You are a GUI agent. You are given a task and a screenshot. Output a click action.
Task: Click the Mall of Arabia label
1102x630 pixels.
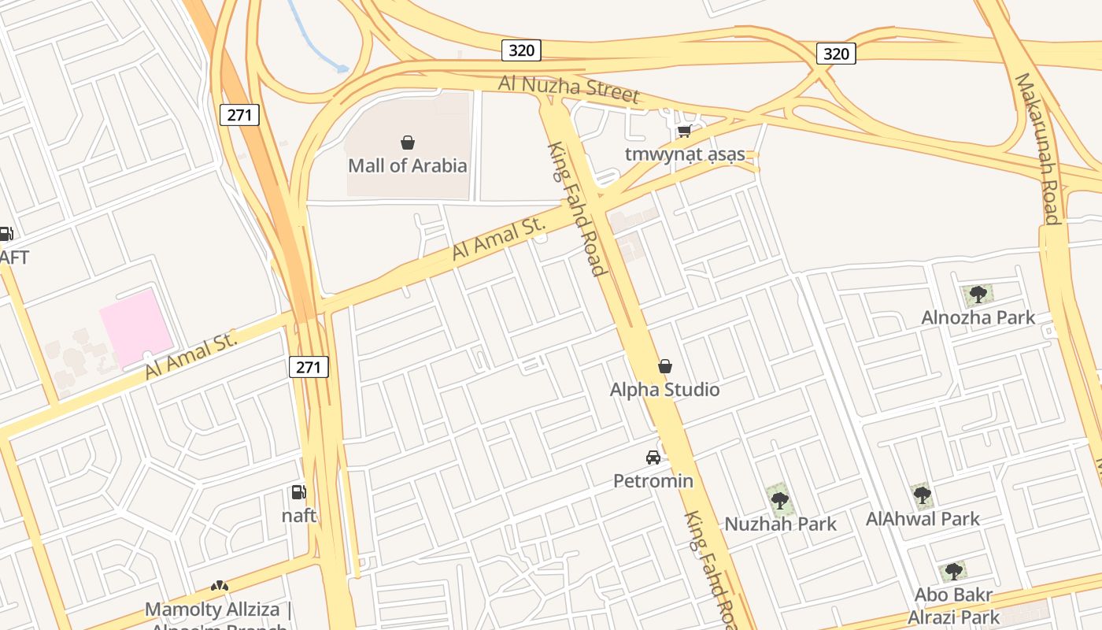[x=408, y=165]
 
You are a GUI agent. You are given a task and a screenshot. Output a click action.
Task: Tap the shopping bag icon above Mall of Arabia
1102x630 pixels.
[x=408, y=143]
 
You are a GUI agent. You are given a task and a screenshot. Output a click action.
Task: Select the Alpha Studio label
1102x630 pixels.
[x=665, y=389]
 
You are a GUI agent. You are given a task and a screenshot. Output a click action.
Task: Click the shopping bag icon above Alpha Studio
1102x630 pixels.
[x=665, y=366]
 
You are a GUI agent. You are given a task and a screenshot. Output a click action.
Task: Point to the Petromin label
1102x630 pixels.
[x=653, y=480]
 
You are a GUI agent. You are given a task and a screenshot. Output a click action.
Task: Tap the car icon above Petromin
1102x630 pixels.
[x=653, y=457]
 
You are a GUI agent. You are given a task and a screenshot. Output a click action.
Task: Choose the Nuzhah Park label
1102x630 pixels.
[x=780, y=524]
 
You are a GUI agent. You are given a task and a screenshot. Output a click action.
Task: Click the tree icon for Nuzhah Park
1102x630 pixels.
[x=779, y=499]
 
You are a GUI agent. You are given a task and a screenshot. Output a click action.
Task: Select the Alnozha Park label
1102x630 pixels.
[x=978, y=318]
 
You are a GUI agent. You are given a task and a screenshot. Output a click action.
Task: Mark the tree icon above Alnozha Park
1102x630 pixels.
[x=978, y=295]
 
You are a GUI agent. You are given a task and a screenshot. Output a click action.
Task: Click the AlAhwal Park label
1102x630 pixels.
[x=923, y=518]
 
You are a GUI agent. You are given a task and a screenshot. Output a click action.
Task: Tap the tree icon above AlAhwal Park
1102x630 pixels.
[x=923, y=495]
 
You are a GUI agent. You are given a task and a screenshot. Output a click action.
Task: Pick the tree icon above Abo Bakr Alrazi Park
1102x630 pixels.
[x=953, y=572]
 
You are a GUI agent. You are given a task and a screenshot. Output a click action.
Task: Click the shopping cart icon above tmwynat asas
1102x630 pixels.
[x=685, y=132]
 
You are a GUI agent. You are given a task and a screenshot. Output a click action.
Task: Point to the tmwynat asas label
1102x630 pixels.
[x=685, y=154]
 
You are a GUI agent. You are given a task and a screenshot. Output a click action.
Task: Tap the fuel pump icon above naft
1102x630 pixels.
[x=299, y=493]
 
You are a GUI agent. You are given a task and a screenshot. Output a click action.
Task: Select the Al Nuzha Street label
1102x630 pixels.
[x=569, y=88]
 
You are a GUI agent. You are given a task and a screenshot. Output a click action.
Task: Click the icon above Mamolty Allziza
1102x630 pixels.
[x=219, y=587]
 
